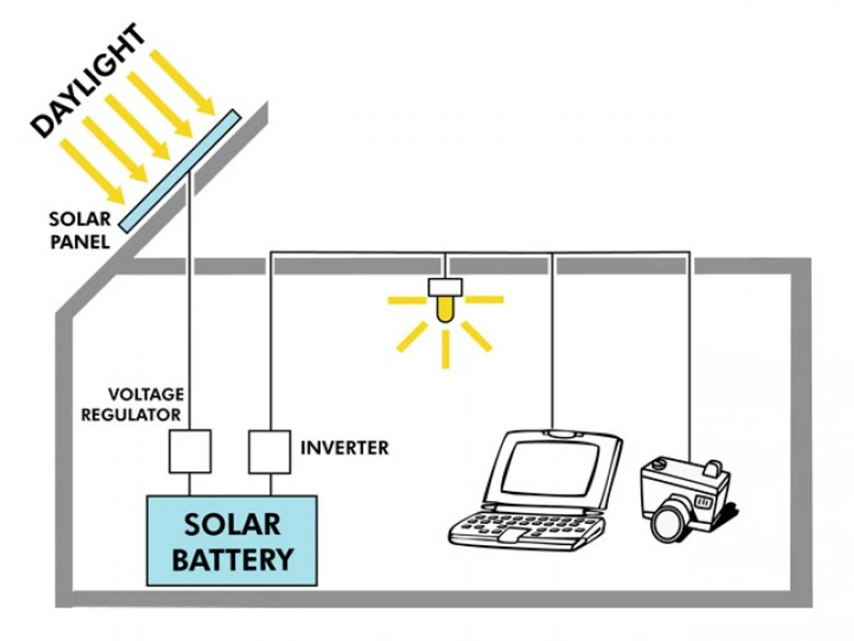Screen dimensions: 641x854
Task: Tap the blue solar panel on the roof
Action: (x=179, y=171)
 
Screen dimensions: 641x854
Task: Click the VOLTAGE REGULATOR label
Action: (x=131, y=405)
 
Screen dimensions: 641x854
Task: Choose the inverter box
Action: (x=270, y=452)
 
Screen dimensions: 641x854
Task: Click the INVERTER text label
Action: (x=344, y=448)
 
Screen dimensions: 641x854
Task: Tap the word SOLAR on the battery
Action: (x=232, y=525)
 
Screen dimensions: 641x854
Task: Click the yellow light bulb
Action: (x=445, y=309)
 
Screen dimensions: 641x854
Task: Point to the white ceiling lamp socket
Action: (x=445, y=287)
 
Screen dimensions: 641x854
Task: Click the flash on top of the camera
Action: (x=715, y=469)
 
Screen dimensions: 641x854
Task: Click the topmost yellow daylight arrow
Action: (x=181, y=81)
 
